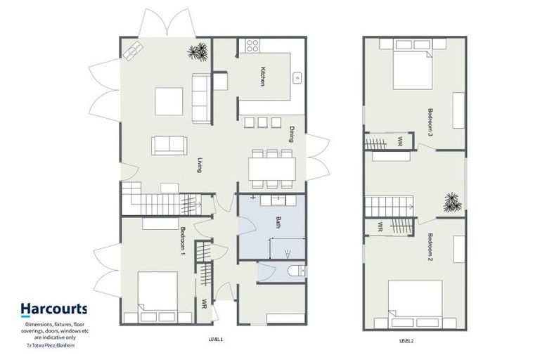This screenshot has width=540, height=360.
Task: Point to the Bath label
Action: tap(278, 224)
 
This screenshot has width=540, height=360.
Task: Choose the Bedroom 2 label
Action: tap(430, 246)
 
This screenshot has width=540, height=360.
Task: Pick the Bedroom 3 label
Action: tap(430, 120)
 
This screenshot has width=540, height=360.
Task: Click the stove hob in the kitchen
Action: tap(252, 46)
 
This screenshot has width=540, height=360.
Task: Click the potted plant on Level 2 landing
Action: tap(450, 202)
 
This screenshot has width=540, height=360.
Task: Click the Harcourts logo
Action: tap(53, 308)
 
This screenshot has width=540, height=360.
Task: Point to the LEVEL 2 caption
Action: tap(406, 340)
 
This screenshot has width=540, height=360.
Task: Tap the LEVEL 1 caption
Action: tap(215, 339)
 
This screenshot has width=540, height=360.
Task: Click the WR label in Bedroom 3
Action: tap(399, 141)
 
